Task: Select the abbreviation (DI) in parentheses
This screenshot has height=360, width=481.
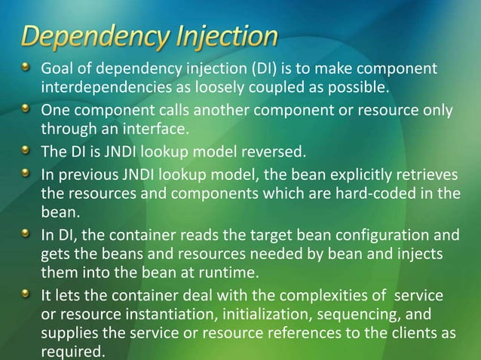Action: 243,70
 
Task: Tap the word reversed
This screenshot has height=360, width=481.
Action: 275,151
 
